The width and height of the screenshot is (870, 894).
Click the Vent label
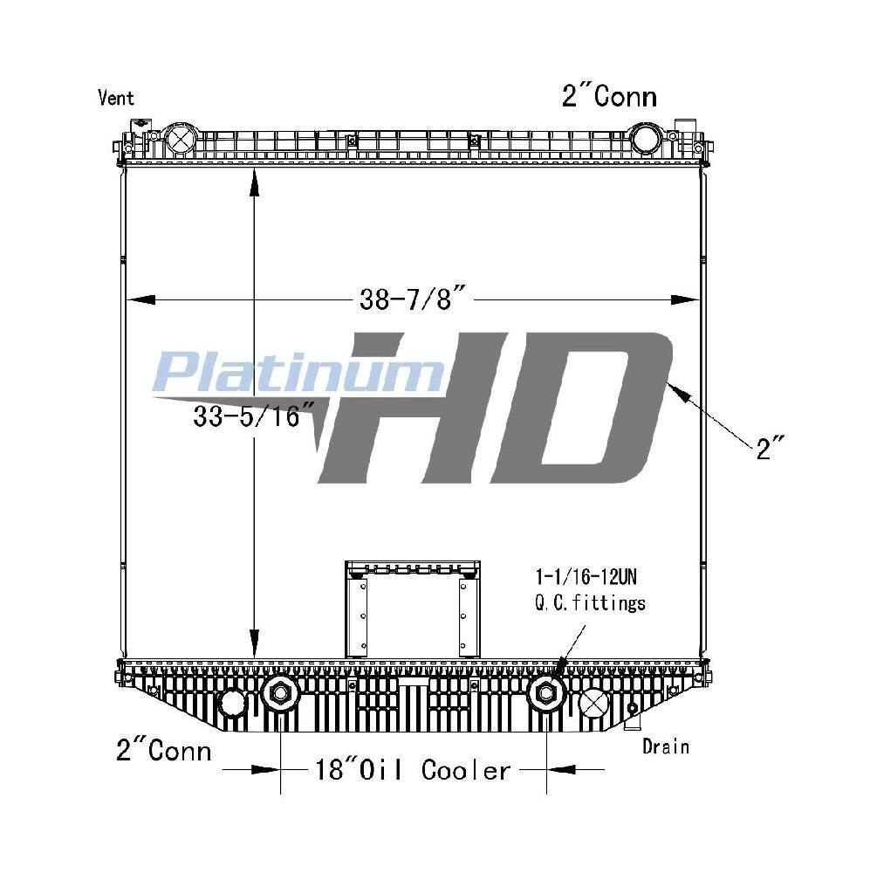[x=116, y=98]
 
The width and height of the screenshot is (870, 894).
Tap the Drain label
[x=666, y=746]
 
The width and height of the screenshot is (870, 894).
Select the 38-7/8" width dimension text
[x=414, y=299]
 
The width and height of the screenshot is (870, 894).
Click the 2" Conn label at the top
[x=609, y=96]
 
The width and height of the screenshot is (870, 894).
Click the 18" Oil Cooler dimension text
[x=413, y=770]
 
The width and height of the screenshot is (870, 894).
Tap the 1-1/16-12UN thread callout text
[x=586, y=577]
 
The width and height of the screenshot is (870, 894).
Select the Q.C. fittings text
[x=590, y=602]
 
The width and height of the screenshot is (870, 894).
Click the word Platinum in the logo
[x=298, y=372]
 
